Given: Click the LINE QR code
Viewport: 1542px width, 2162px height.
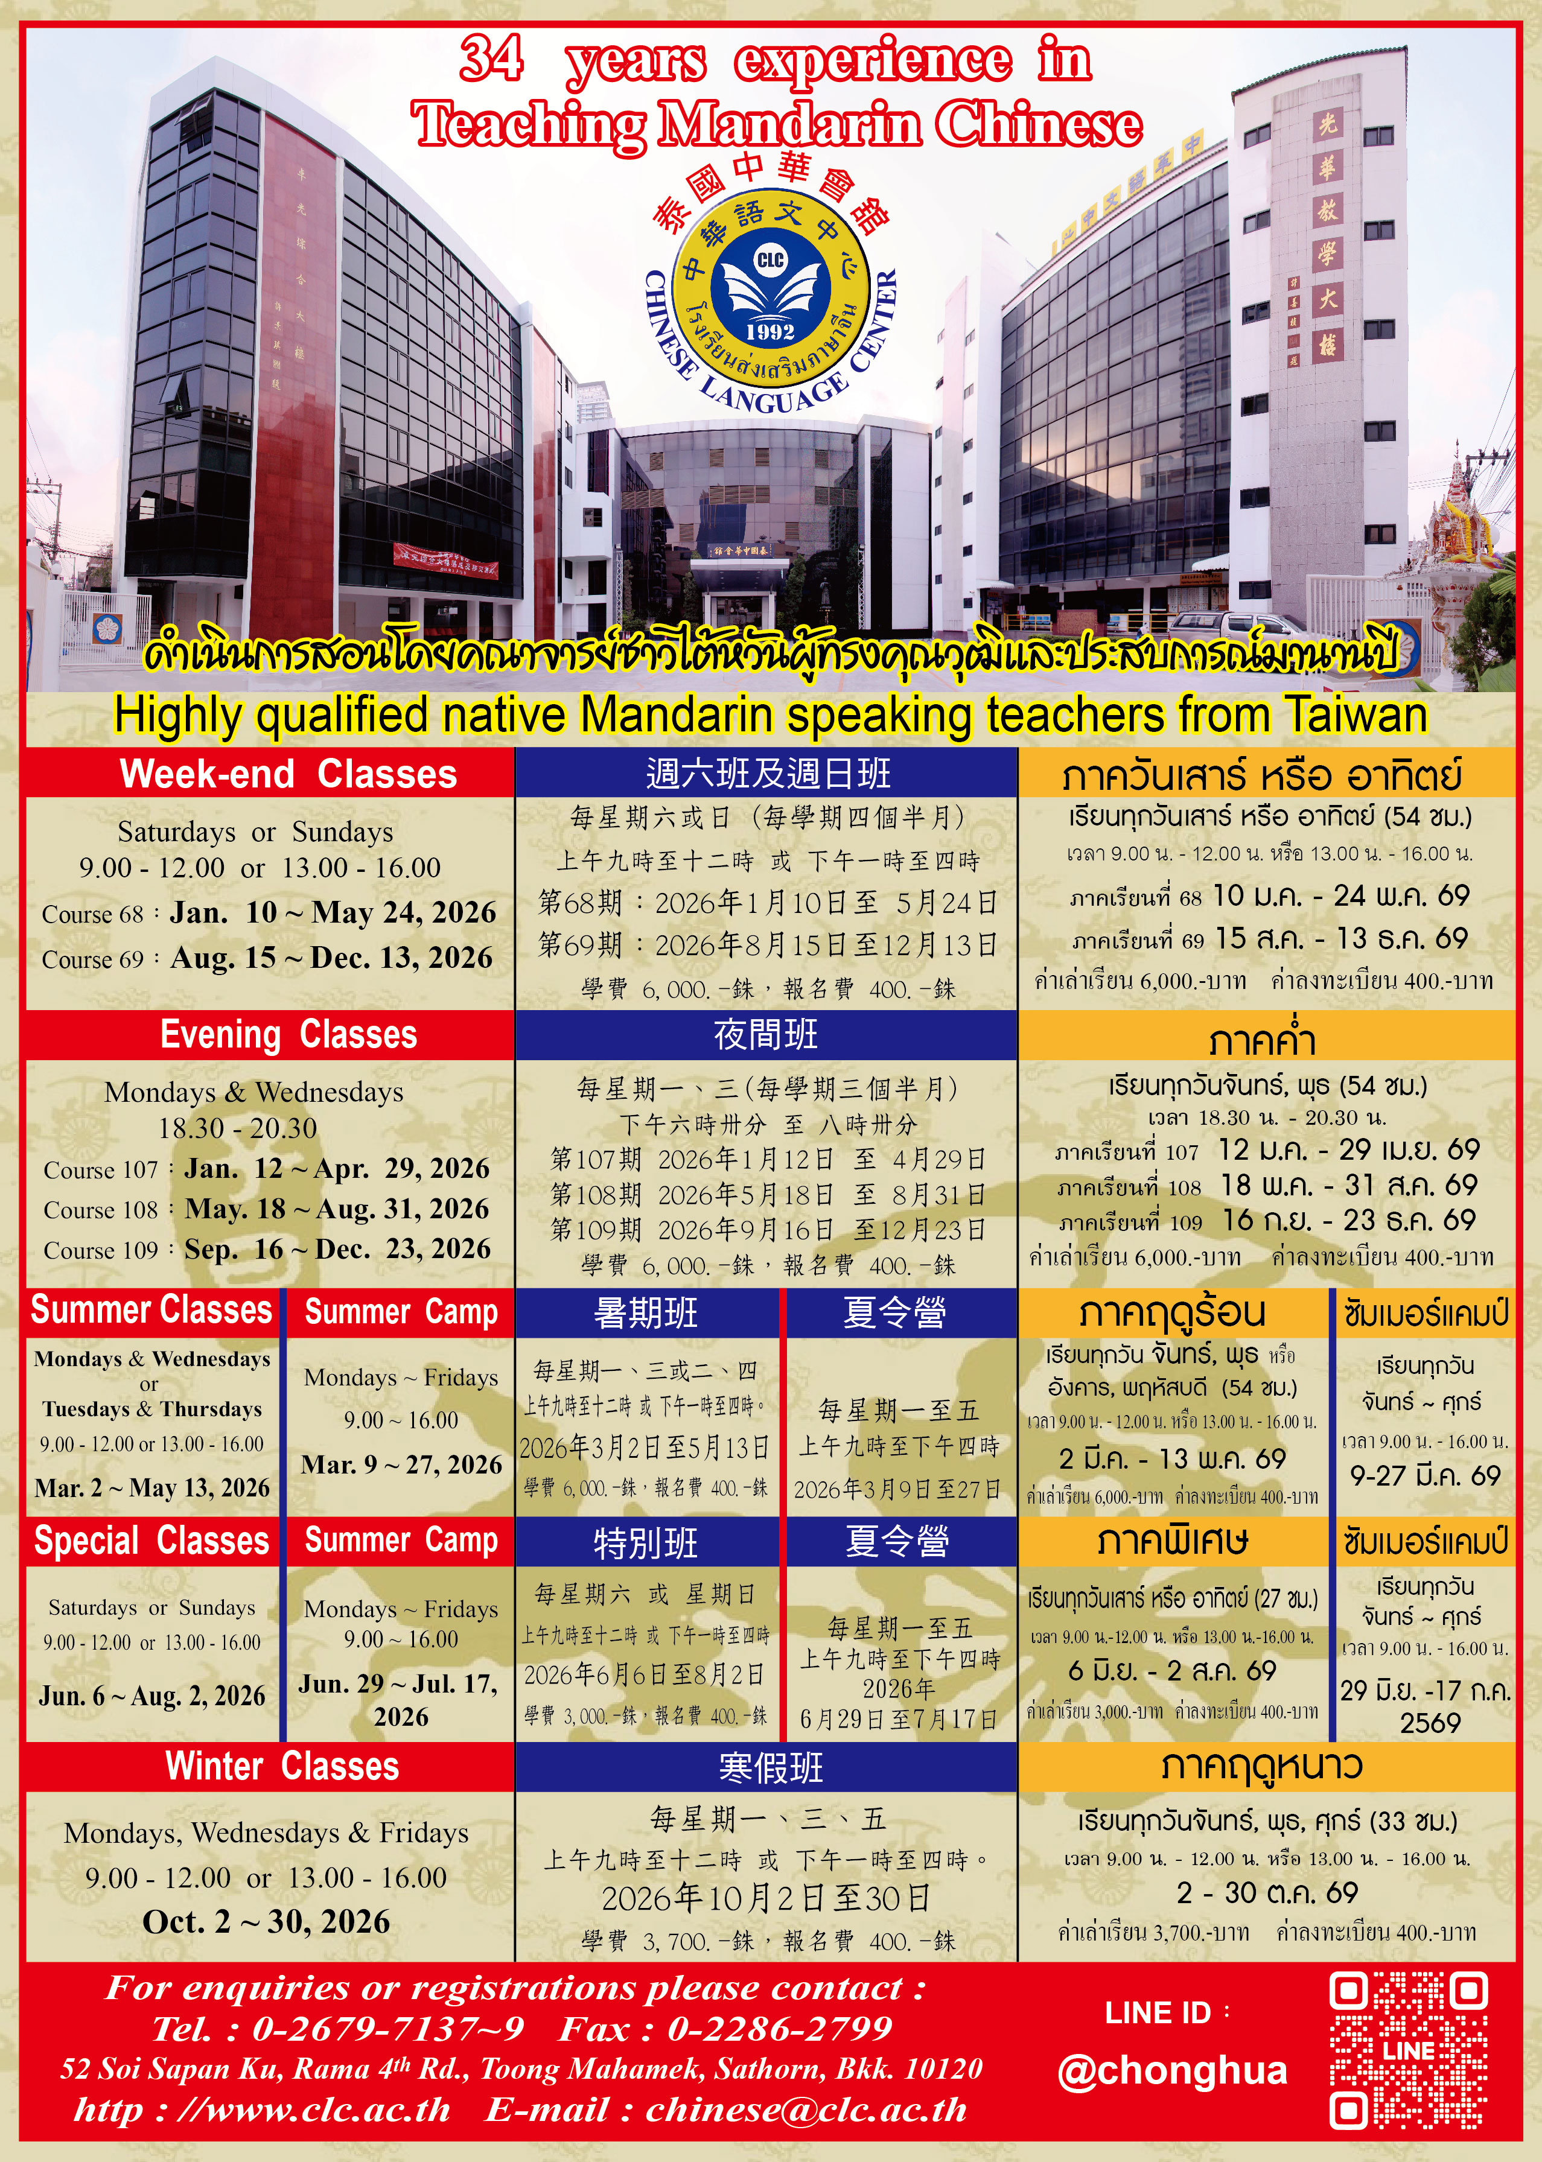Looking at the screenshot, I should coord(1407,2050).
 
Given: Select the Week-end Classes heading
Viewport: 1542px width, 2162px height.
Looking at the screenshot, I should coord(288,774).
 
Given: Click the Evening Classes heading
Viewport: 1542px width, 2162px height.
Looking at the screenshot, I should coord(288,1034).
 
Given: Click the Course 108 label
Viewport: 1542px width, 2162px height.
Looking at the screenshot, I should coord(101,1210).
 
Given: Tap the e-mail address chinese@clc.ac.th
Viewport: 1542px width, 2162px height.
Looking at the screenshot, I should coord(806,2110).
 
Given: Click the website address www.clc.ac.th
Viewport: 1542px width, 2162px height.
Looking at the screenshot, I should coord(328,2110).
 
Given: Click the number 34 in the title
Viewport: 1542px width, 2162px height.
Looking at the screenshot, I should coord(491,59).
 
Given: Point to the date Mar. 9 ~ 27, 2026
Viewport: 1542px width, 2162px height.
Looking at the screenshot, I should coord(401,1464).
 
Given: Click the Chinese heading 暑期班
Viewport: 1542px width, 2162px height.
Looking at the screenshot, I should coord(646,1312).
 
